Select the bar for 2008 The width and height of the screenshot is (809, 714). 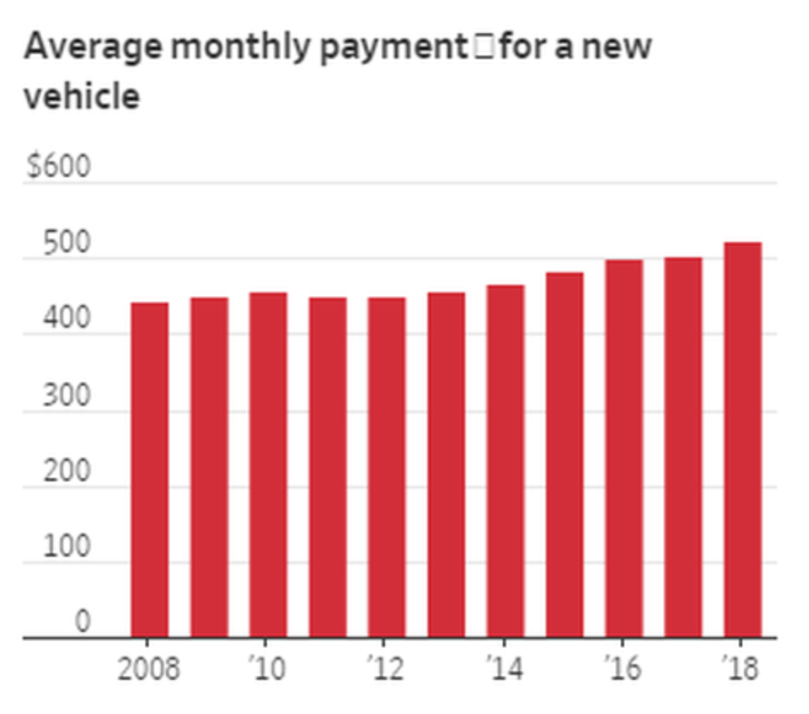click(150, 470)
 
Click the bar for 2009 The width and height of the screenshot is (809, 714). click(209, 468)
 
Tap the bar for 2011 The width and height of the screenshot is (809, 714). click(328, 468)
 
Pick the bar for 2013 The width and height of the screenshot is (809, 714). click(446, 465)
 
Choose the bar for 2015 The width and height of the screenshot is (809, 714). click(564, 455)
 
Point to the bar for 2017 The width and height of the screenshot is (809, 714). click(683, 447)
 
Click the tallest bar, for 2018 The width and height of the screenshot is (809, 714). click(742, 440)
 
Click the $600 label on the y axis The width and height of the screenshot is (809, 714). click(57, 166)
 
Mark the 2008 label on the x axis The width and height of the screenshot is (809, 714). click(150, 669)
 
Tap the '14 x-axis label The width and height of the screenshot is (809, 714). click(504, 669)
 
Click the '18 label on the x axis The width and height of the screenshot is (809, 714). click(741, 669)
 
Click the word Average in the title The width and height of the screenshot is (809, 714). click(92, 47)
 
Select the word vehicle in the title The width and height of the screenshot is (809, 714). click(81, 96)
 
